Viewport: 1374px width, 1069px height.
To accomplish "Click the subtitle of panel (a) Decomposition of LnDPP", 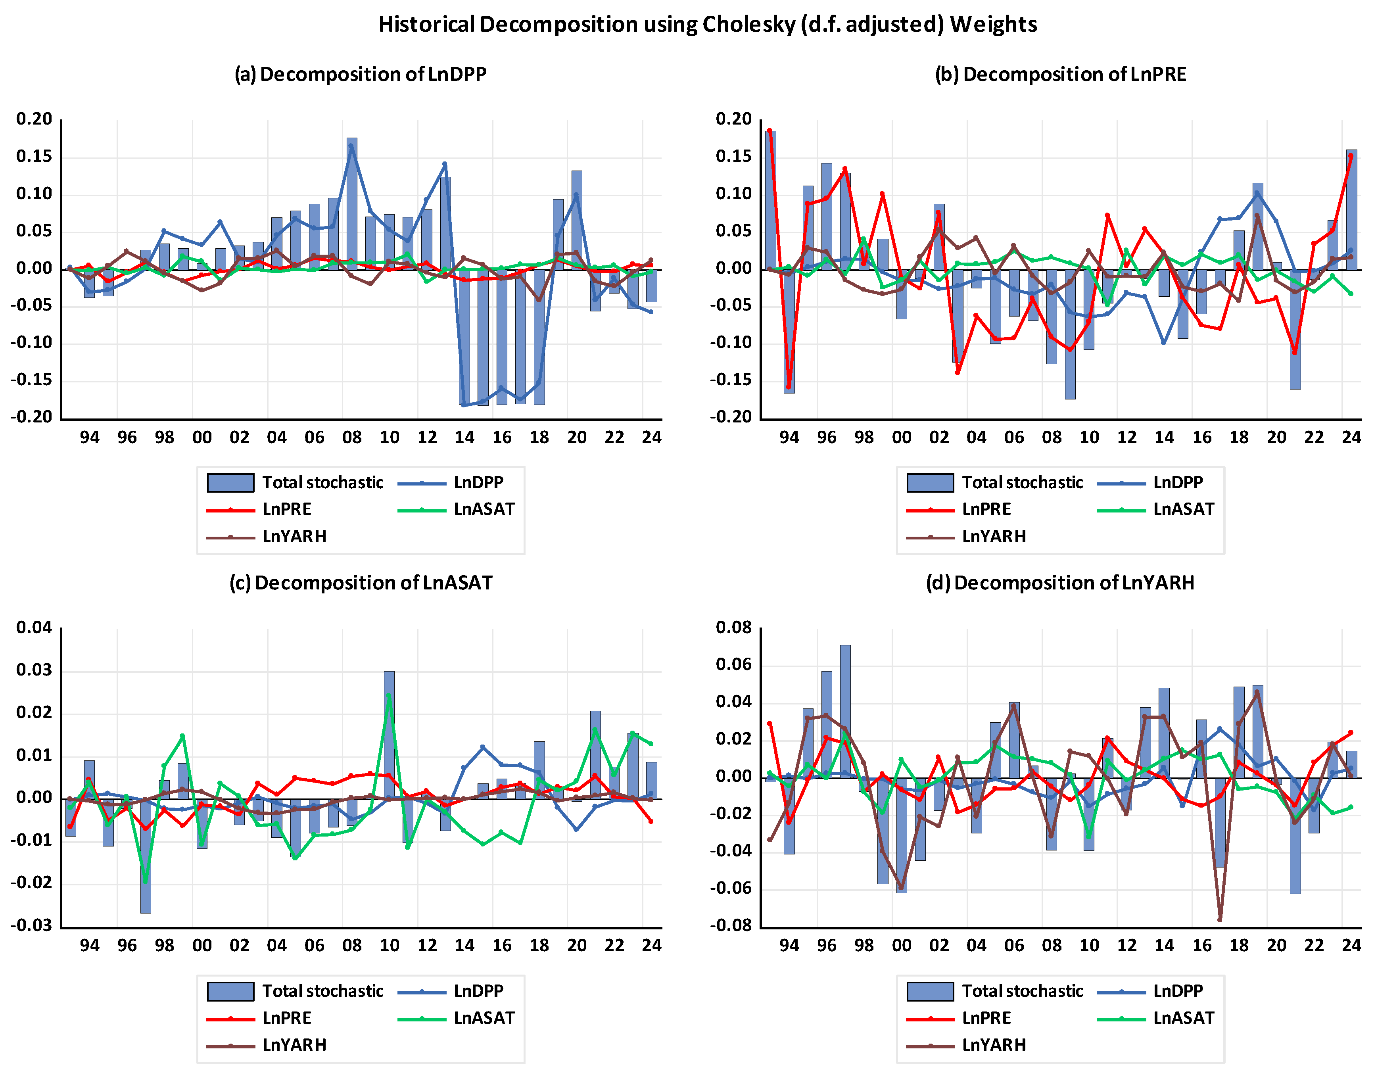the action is [x=361, y=74].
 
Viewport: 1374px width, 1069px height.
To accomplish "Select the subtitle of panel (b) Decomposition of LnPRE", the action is [x=1060, y=74].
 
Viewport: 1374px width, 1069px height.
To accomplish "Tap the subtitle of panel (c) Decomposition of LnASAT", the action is [x=361, y=583].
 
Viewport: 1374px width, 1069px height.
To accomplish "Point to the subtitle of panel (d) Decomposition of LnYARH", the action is [x=1060, y=583].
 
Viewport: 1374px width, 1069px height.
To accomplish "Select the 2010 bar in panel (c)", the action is [x=390, y=735].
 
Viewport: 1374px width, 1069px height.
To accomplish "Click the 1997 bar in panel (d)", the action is [x=845, y=711].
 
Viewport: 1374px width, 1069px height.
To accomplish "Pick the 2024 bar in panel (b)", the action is [x=1351, y=209].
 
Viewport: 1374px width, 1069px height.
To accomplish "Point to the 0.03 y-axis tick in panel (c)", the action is [x=35, y=670].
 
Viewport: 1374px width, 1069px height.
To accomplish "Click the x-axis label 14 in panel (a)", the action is [x=464, y=437].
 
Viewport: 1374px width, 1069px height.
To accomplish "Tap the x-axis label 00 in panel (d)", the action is [x=902, y=945].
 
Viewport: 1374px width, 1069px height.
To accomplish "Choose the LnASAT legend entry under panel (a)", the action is [x=456, y=509].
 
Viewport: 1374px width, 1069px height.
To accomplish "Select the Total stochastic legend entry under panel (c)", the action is [x=296, y=991].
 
